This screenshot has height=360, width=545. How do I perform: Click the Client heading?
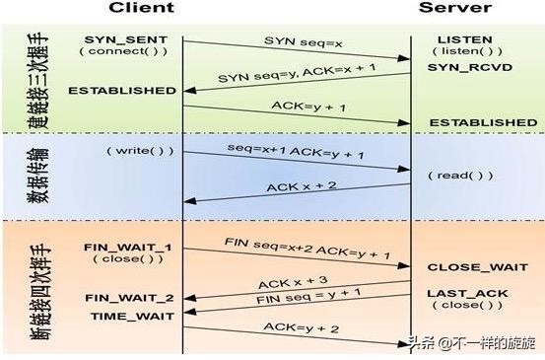[x=141, y=8]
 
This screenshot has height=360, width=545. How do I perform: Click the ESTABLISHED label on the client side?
[x=122, y=90]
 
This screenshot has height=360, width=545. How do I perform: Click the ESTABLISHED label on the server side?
[x=482, y=122]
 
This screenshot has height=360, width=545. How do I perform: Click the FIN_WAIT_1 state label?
[x=128, y=248]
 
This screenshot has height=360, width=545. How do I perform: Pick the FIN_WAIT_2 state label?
[x=128, y=297]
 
